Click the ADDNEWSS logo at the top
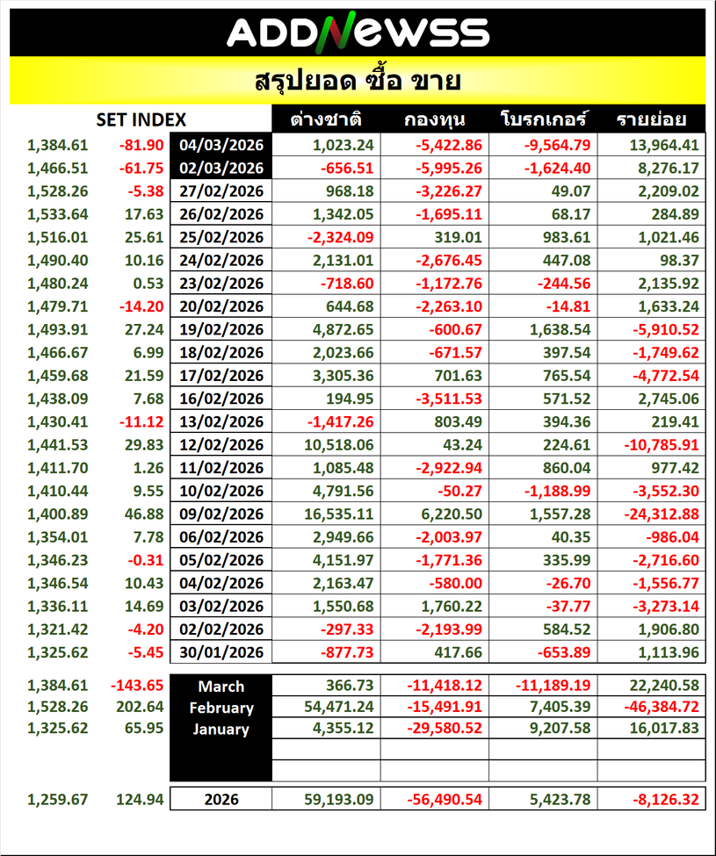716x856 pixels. coord(358,32)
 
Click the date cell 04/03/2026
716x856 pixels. coord(221,146)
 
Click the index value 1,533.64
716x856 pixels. coord(57,212)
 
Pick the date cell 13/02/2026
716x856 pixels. coord(221,421)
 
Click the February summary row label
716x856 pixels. coord(221,708)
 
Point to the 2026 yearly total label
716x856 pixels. coord(221,800)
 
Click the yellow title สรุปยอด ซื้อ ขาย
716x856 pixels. coord(358,82)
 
